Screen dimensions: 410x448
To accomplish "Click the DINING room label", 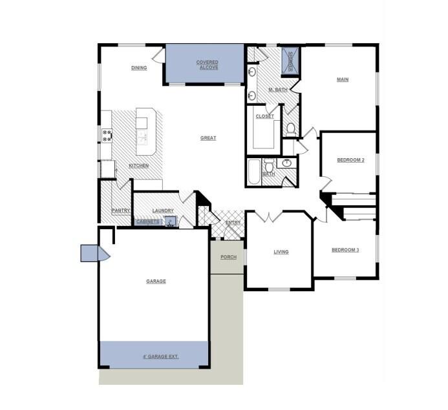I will pyautogui.click(x=139, y=68).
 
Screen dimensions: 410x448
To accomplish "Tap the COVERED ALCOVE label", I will pyautogui.click(x=208, y=65).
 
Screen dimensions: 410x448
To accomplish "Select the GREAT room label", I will pyautogui.click(x=208, y=138).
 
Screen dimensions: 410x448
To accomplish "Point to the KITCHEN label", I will pyautogui.click(x=138, y=166).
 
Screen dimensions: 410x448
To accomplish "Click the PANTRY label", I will pyautogui.click(x=121, y=210).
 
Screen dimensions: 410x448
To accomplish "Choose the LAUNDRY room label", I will pyautogui.click(x=163, y=210).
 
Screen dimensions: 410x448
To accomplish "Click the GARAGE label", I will pyautogui.click(x=156, y=282).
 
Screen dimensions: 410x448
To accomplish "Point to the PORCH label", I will pyautogui.click(x=228, y=257).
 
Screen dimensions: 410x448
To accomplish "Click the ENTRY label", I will pyautogui.click(x=233, y=223).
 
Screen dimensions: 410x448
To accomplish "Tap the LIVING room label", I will pyautogui.click(x=281, y=252).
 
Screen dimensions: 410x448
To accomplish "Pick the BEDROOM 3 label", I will pyautogui.click(x=345, y=250).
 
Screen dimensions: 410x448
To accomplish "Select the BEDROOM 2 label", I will pyautogui.click(x=350, y=159).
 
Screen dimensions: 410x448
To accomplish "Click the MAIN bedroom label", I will pyautogui.click(x=343, y=79).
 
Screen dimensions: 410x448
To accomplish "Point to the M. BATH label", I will pyautogui.click(x=277, y=90).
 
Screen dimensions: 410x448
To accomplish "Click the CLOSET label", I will pyautogui.click(x=265, y=117).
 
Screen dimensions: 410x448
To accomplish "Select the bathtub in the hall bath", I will pyautogui.click(x=253, y=172).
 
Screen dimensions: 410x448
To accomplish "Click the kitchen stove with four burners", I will pyautogui.click(x=107, y=135).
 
